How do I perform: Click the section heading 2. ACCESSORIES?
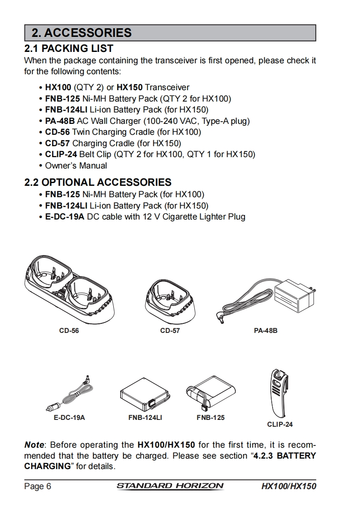tap(81, 33)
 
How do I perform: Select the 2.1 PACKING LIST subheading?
tap(69, 49)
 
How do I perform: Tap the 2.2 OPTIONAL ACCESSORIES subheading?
tap(98, 182)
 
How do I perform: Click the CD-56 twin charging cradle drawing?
tap(69, 288)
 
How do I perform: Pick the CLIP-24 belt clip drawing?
tap(279, 393)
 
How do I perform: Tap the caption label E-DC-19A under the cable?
tap(69, 418)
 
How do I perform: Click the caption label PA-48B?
tap(265, 331)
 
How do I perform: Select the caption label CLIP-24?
tap(280, 424)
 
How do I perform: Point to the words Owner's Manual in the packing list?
tap(76, 166)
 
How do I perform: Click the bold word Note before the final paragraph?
tap(34, 445)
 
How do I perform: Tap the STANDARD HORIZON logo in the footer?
tap(170, 486)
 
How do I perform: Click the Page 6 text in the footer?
tap(38, 486)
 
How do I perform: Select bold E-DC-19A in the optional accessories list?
tap(65, 217)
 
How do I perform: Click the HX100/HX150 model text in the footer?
tap(289, 486)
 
